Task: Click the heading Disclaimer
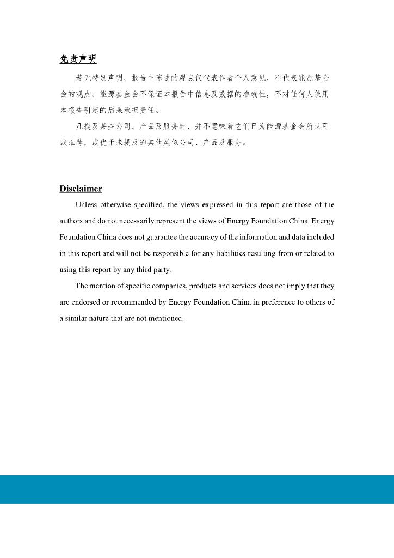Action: pos(81,189)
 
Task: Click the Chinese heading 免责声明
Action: pos(78,59)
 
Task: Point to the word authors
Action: pos(71,221)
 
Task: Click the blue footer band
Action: pos(197,489)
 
